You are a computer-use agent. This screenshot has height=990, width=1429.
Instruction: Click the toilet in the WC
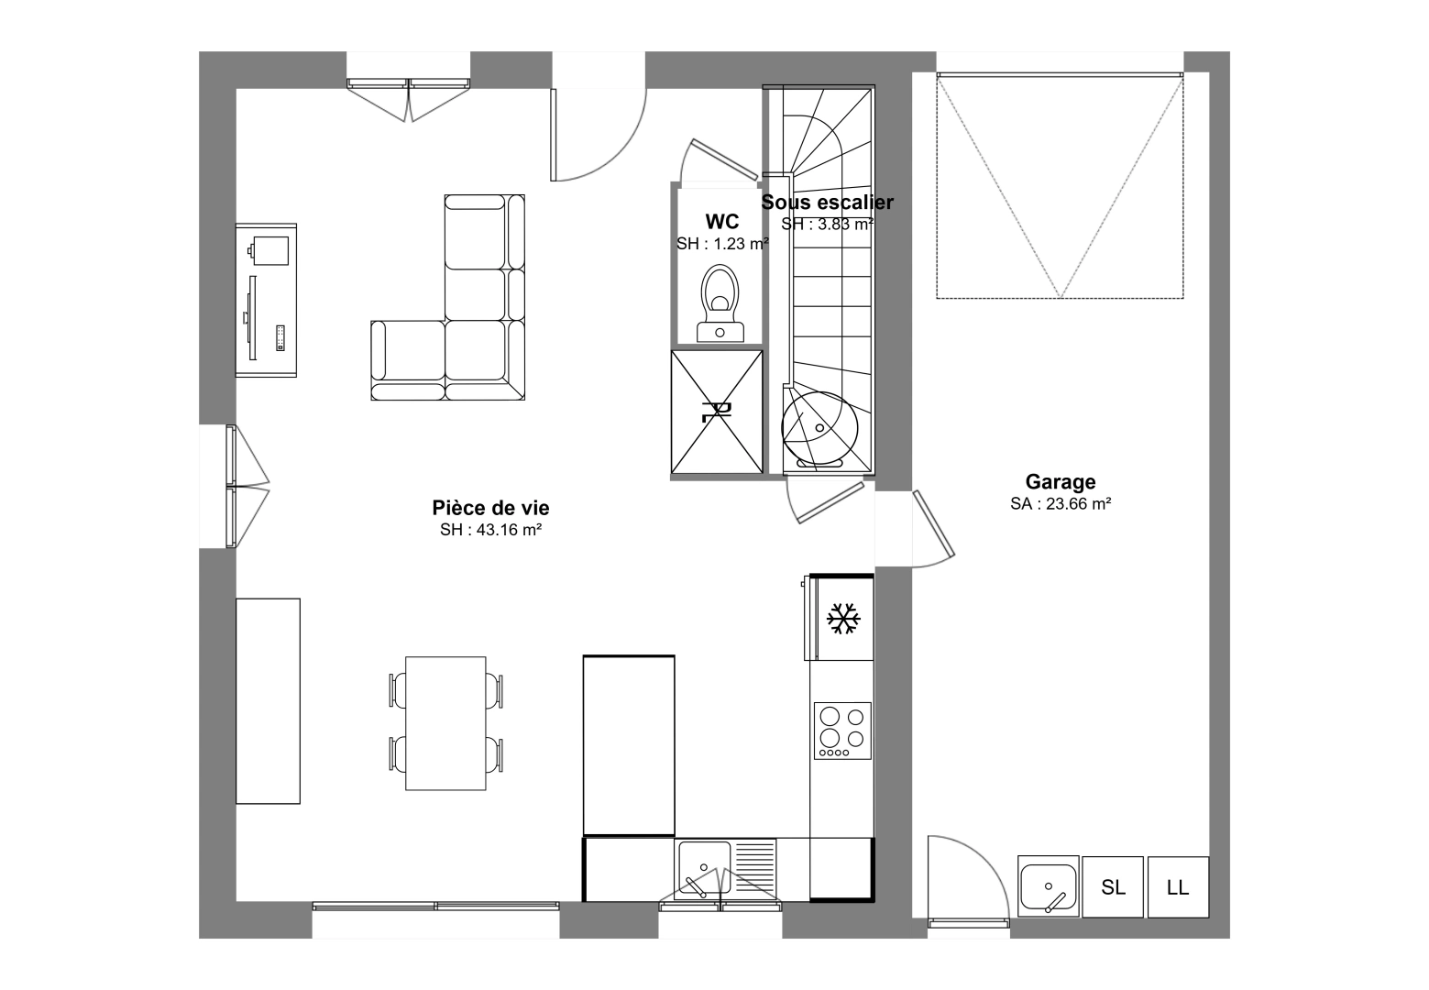pos(720,304)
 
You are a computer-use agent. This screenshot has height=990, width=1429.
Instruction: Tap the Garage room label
pos(1061,481)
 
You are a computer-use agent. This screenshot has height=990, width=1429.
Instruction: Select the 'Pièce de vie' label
pos(490,508)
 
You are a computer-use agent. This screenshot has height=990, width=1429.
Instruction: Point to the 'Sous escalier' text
pos(828,203)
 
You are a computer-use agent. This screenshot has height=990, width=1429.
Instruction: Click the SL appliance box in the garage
pos(1113,886)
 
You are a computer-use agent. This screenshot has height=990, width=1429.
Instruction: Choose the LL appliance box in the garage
pos(1178,886)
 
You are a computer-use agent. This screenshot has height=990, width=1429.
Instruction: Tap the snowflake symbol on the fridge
pos(843,618)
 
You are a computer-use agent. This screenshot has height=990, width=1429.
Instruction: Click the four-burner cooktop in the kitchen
pos(842,731)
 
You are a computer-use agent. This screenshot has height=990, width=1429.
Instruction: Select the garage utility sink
pos(1048,886)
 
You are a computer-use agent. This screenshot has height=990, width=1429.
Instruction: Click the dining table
pos(445,723)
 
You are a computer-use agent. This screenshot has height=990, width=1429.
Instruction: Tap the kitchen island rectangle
pos(629,745)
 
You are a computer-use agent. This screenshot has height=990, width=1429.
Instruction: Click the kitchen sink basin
pos(704,867)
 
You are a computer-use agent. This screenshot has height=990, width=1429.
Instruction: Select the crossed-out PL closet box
pos(717,412)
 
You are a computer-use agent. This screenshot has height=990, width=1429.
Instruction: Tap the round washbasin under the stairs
pos(819,428)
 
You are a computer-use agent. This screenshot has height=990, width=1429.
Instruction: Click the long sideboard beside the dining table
pos(268,701)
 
